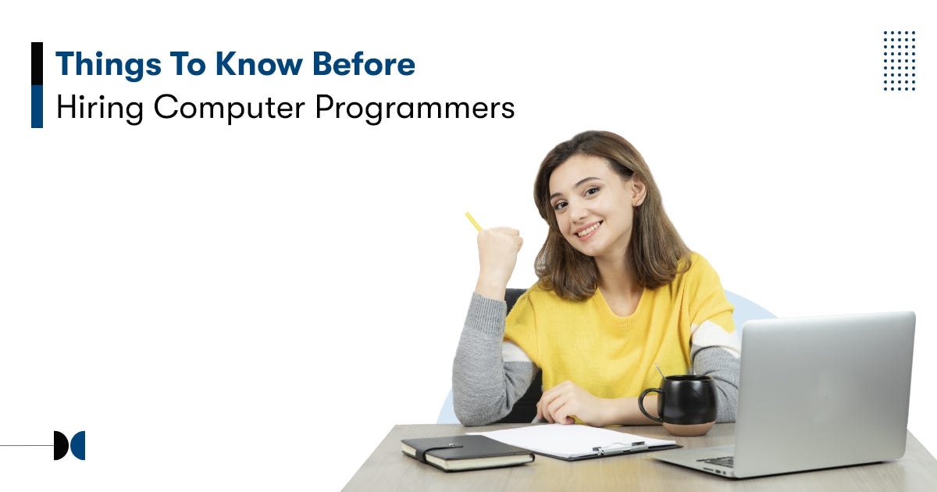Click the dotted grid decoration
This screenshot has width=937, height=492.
(900, 61)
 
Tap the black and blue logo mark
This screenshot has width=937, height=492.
(69, 445)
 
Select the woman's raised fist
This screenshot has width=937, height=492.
(501, 249)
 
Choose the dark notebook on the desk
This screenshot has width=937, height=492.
(467, 451)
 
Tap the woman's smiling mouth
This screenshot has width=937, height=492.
(588, 230)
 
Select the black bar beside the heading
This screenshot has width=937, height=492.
(37, 63)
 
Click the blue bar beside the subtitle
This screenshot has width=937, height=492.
(37, 106)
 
